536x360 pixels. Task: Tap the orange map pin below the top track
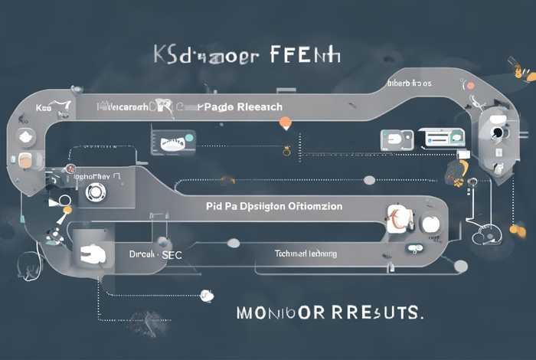285,123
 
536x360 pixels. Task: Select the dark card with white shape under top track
173,140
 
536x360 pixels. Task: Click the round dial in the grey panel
95,191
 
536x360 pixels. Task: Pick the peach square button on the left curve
25,161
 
